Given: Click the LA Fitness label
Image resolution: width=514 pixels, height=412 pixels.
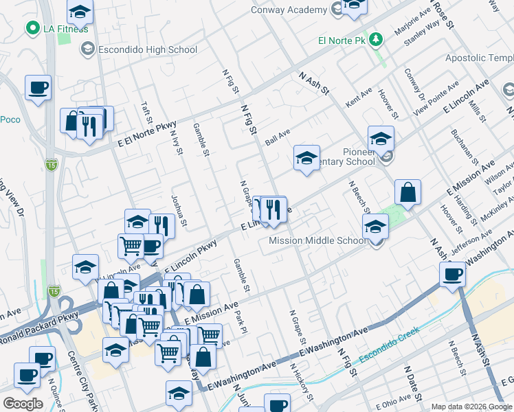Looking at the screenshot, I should pyautogui.click(x=65, y=28).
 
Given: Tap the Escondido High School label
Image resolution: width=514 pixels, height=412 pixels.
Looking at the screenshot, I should pyautogui.click(x=148, y=49).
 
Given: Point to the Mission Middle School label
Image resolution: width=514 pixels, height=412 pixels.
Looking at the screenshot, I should pyautogui.click(x=317, y=241).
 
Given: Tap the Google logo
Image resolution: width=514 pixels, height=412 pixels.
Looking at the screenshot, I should pyautogui.click(x=23, y=404).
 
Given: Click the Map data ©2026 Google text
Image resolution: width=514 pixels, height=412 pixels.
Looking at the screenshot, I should pyautogui.click(x=471, y=407).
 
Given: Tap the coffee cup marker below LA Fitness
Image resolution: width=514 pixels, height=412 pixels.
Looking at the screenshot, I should pyautogui.click(x=38, y=87).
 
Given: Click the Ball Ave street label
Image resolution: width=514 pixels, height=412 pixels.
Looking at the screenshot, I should pyautogui.click(x=278, y=137).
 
